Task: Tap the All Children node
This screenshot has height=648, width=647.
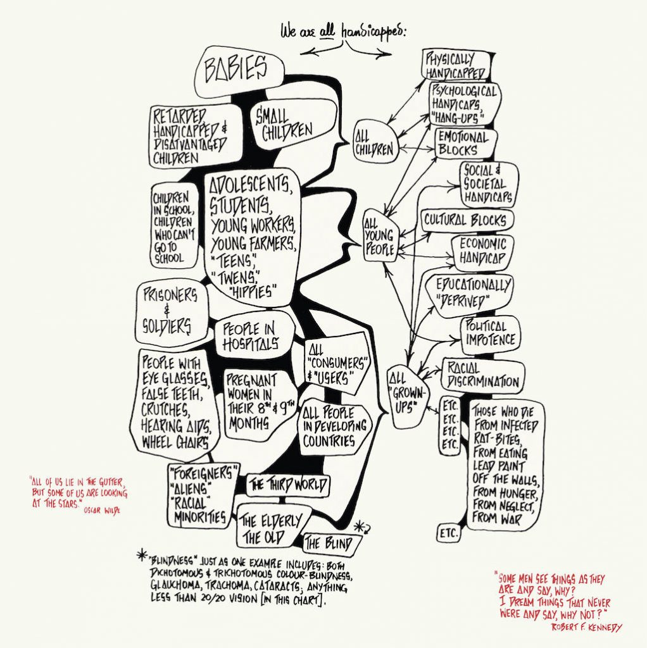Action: (375, 142)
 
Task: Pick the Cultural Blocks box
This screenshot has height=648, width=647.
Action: (467, 220)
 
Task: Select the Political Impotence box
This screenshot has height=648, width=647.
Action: (490, 335)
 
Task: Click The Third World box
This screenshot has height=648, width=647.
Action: (288, 484)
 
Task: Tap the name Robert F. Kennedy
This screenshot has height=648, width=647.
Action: (586, 627)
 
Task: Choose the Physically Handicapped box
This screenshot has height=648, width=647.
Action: (456, 65)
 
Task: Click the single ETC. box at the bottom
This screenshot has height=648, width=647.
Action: (448, 533)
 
